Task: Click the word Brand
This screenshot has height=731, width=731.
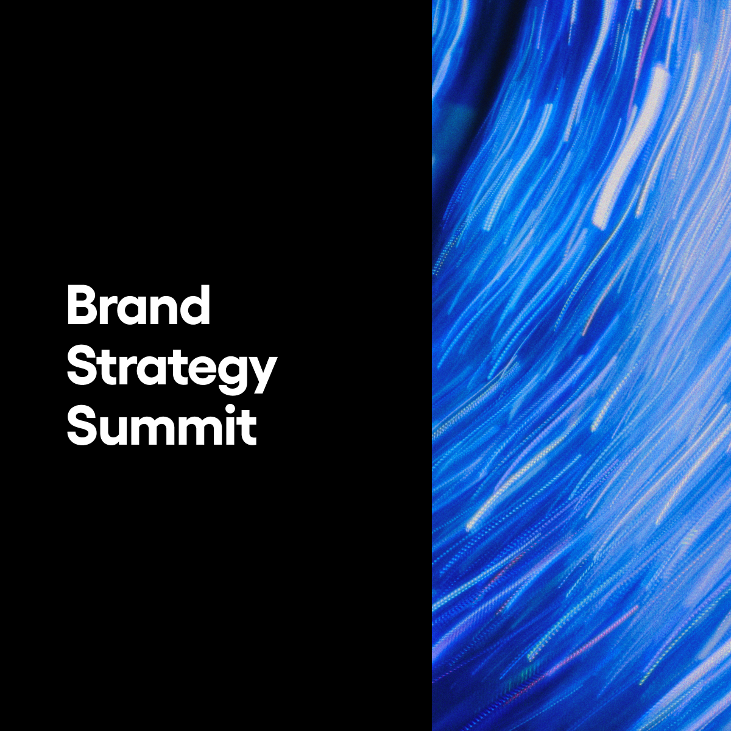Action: click(138, 305)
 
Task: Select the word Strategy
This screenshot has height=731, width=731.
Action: click(172, 369)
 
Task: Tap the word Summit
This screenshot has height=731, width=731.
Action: click(162, 425)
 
